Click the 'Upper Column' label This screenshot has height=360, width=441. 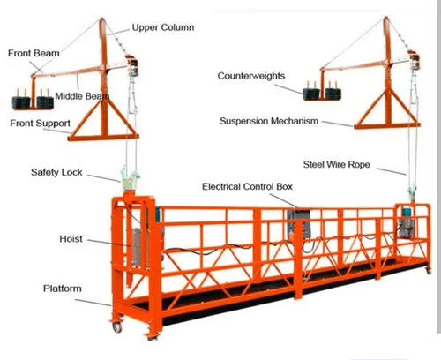coord(163,27)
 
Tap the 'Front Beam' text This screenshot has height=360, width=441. coord(34,53)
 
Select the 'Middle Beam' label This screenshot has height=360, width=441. coord(82,96)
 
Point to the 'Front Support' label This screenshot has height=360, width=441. coord(40,124)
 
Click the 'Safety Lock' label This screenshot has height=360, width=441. coord(56,172)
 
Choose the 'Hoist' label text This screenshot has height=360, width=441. coord(71,239)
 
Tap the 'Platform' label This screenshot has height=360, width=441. coord(63,289)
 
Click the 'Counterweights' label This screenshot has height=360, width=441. coord(251,76)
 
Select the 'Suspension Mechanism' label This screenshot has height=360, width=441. coord(269,121)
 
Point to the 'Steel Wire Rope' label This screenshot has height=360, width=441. coord(336,164)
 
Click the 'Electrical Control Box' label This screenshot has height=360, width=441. coord(247,186)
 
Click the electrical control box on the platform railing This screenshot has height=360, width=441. coord(299,223)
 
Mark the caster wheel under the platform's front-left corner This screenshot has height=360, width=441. coord(116,327)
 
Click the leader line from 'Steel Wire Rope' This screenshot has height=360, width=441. coord(392,171)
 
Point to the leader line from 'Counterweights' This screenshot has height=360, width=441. coord(288,89)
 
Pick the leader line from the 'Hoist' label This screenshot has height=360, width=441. coord(108,243)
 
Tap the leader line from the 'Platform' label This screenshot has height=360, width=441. coord(93,303)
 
